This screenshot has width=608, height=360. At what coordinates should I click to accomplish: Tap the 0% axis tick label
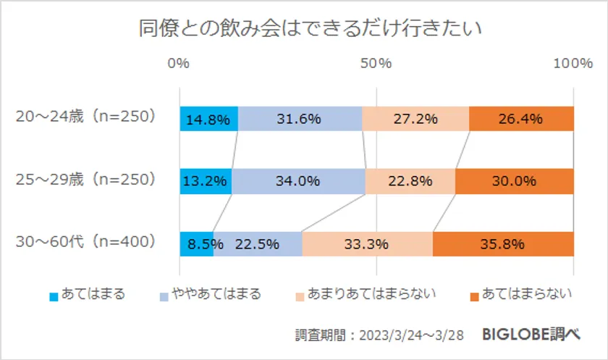click(x=178, y=64)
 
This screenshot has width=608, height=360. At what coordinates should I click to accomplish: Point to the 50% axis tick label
click(x=376, y=64)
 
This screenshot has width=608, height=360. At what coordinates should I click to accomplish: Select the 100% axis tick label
click(x=573, y=64)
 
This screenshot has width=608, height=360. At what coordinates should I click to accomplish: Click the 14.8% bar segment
click(x=208, y=119)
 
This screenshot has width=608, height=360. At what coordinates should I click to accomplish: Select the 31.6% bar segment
click(x=300, y=119)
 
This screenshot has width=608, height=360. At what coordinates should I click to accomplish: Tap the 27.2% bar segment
click(x=415, y=119)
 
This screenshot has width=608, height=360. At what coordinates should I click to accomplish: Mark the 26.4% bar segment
click(x=521, y=119)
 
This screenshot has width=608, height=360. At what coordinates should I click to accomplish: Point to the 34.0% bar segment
click(x=298, y=181)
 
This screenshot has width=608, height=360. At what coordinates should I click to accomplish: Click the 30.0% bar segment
click(x=515, y=181)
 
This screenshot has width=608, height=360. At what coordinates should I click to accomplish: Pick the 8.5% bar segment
click(x=196, y=243)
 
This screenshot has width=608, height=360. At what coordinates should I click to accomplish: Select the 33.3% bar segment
click(x=367, y=243)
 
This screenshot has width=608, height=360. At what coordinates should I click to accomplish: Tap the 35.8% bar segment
click(x=503, y=243)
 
